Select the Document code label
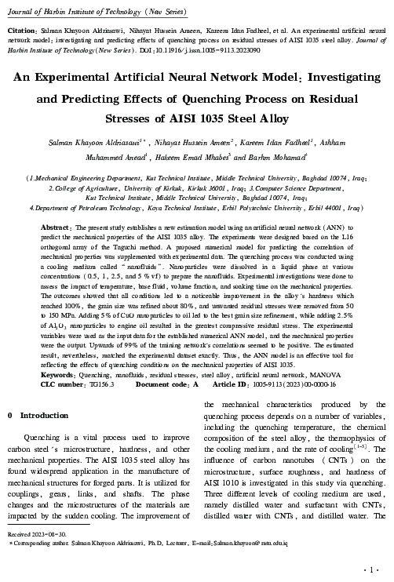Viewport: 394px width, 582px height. [162, 384]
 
